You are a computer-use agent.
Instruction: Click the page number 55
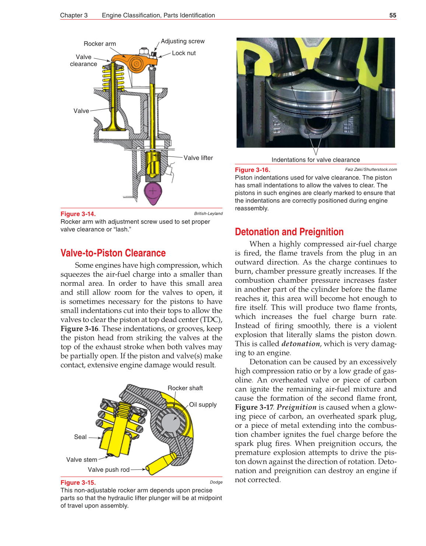[x=392, y=15]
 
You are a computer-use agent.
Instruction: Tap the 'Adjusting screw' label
[x=182, y=41]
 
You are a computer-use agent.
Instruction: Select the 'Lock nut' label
[x=184, y=53]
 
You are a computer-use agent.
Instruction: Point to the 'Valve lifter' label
[x=198, y=158]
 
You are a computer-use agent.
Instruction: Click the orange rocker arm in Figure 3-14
[x=135, y=62]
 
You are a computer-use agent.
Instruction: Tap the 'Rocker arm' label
[x=99, y=44]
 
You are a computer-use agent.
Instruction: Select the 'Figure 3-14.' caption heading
[x=78, y=214]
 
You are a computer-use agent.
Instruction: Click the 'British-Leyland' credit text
[x=208, y=213]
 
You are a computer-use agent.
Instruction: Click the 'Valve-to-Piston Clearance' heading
[x=113, y=253]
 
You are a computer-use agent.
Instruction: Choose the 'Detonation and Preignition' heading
[x=289, y=232]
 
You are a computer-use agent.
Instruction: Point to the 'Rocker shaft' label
[x=185, y=388]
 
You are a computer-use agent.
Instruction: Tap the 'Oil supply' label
[x=203, y=405]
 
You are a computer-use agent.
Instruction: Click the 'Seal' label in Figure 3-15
[x=80, y=437]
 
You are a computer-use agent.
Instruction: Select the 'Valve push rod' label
[x=108, y=470]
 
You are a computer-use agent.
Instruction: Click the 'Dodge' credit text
[x=216, y=482]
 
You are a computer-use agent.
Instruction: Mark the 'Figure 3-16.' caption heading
[x=252, y=170]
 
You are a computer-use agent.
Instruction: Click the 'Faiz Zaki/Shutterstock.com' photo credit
[x=371, y=169]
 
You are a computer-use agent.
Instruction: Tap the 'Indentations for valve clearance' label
[x=315, y=160]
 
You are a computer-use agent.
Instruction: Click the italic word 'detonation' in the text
[x=300, y=344]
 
